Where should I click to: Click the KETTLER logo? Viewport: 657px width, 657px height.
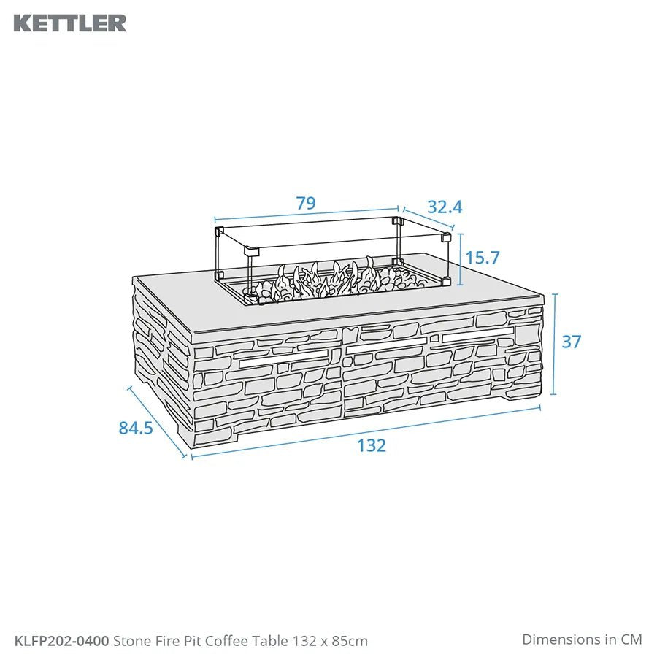[x=69, y=23]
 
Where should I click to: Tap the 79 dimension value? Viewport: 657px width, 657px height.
[x=306, y=204]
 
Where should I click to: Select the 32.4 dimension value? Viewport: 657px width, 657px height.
[x=445, y=207]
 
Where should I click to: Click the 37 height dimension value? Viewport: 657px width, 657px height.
[x=571, y=341]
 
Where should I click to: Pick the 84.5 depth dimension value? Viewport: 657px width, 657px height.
[x=136, y=429]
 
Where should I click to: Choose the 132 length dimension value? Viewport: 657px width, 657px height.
[x=372, y=445]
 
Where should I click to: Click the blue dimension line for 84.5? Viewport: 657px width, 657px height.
[x=157, y=422]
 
